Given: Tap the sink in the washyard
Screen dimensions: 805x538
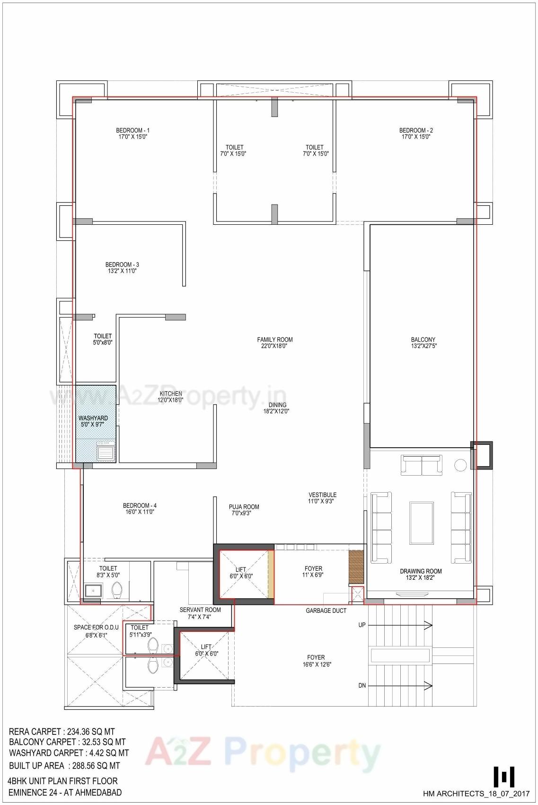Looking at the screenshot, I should pos(105,452).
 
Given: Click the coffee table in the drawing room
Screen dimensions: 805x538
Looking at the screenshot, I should pos(421,523).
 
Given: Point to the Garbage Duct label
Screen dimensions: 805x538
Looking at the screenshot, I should pos(326,610).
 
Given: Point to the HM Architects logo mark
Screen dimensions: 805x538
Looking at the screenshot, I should pos(503,776).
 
